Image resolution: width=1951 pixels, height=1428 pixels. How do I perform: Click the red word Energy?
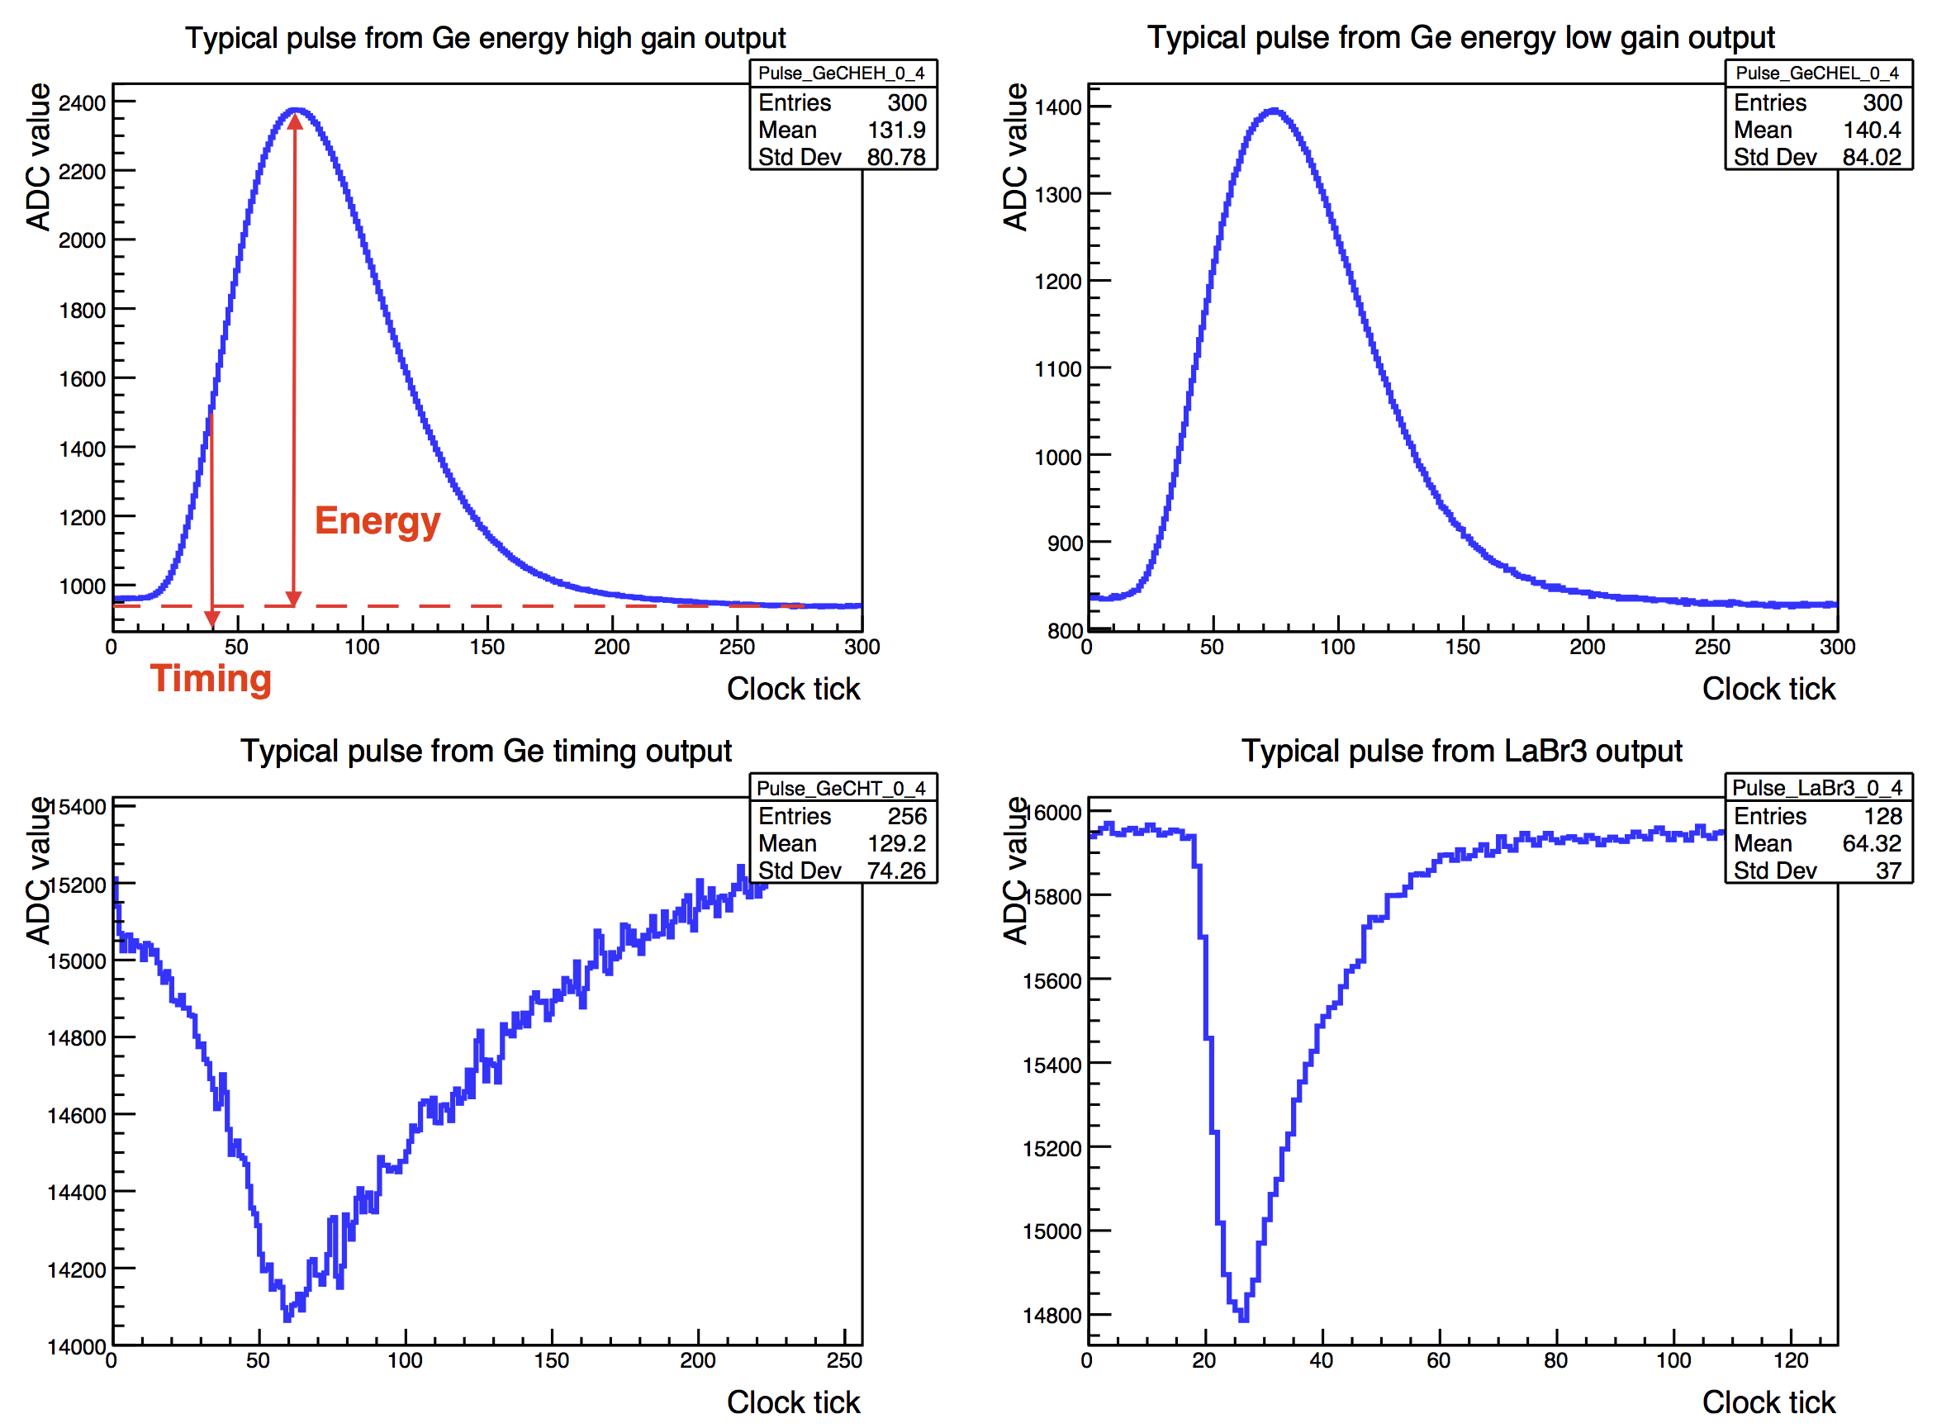point(377,521)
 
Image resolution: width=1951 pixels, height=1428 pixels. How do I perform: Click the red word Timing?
point(211,680)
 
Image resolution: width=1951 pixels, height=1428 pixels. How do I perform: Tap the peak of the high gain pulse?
point(296,111)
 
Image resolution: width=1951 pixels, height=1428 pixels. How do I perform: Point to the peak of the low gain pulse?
point(1274,111)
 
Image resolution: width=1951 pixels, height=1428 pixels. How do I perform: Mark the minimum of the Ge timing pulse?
point(287,1317)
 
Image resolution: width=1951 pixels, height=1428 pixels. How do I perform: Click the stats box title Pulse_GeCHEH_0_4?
point(841,74)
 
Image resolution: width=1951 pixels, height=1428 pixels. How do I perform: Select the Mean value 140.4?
point(1872,130)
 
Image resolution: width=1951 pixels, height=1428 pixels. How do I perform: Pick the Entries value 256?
point(907,817)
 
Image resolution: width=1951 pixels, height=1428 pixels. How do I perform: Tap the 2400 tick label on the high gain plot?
point(82,103)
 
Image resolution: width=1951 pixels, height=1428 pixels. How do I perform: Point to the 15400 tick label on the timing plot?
point(78,808)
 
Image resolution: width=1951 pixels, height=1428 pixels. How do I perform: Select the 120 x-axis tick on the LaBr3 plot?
point(1790,1361)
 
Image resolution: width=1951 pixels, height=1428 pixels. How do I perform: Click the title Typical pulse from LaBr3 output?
point(1462,752)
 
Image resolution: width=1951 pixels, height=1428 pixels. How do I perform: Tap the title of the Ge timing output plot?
point(486,752)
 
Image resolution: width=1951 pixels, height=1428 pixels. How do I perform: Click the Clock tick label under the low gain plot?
point(1768,689)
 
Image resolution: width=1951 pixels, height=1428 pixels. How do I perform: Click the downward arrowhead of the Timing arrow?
point(211,619)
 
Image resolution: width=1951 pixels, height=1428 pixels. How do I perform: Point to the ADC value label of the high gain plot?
point(38,157)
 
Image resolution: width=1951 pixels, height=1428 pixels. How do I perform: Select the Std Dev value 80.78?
point(896,157)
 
